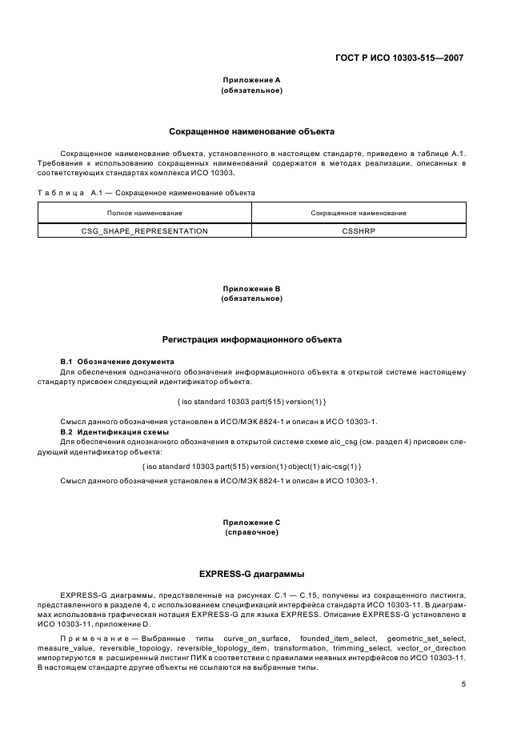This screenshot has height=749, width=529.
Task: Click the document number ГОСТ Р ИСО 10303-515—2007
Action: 397,58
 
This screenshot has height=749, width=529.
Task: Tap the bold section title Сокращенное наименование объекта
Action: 251,130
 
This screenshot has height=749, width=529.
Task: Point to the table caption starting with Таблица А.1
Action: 146,193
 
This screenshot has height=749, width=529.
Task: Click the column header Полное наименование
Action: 145,213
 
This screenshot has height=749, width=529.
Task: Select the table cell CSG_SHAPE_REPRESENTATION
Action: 145,230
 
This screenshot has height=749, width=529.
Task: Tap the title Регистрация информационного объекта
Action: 251,339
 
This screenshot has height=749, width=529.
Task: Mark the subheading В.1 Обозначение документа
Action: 118,362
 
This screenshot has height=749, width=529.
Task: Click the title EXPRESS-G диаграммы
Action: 251,574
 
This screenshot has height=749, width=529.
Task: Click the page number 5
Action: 463,684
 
